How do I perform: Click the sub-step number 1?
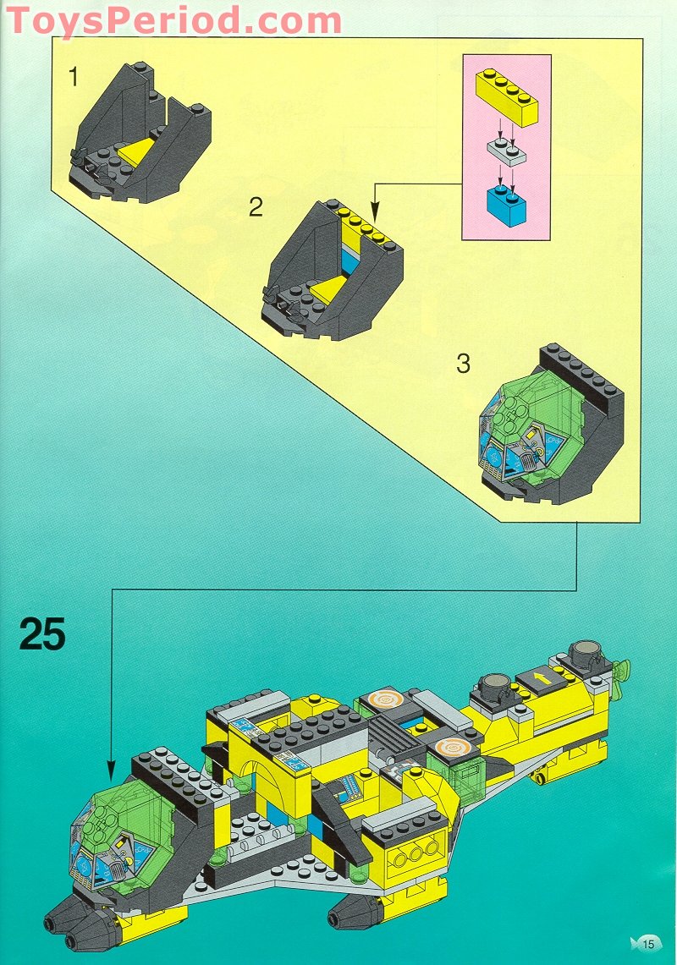(x=74, y=78)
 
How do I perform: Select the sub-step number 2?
(x=256, y=207)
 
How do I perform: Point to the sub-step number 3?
(x=463, y=365)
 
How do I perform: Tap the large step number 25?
(x=42, y=633)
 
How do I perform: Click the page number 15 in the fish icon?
(x=648, y=944)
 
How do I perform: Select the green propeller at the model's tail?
(x=625, y=669)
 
